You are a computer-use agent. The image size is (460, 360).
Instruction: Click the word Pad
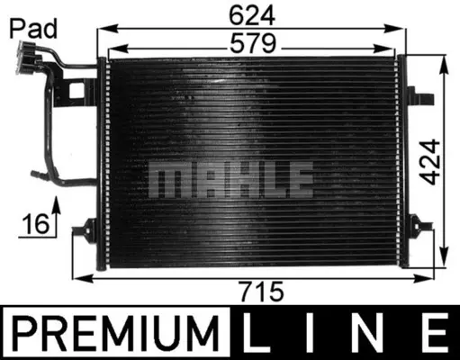(32, 28)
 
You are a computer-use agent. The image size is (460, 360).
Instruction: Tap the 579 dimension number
(253, 42)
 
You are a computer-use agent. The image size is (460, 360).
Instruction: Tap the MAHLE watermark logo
(230, 180)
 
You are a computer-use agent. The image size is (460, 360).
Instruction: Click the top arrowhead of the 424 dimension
(444, 63)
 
